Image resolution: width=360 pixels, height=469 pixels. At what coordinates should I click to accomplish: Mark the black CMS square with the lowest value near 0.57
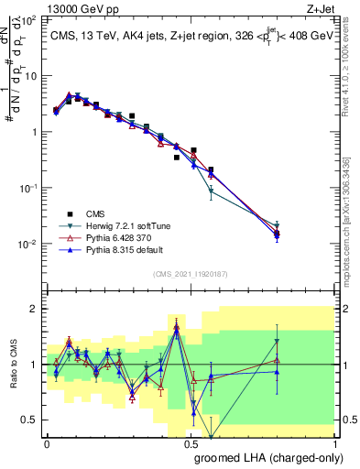211,169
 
